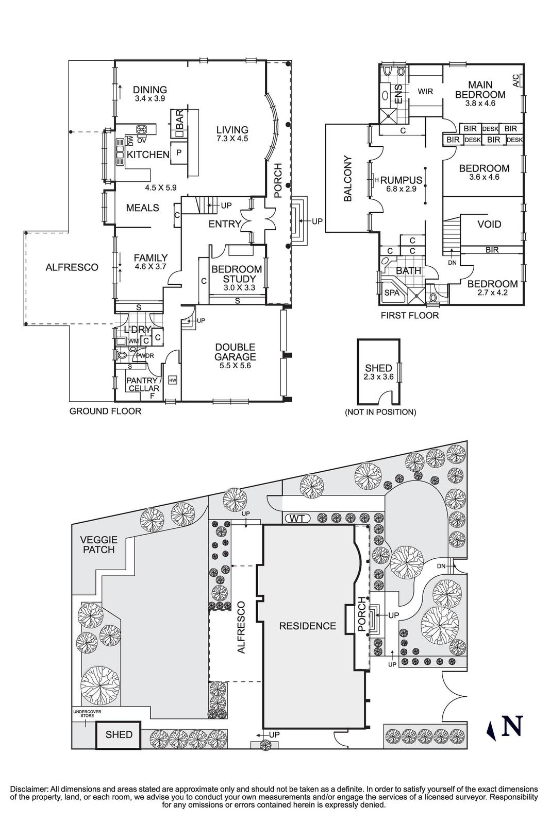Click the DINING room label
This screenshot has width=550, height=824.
[x=150, y=90]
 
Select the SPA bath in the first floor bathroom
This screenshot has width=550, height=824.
[x=392, y=292]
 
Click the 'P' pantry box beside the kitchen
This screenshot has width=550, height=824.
[x=179, y=152]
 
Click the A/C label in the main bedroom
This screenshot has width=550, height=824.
[x=516, y=80]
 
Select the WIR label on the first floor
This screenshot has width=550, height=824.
[x=425, y=91]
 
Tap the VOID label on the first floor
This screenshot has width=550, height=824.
[x=489, y=225]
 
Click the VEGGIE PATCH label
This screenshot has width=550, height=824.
[x=99, y=544]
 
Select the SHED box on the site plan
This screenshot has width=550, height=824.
[x=119, y=735]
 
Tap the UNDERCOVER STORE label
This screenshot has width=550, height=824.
[x=87, y=713]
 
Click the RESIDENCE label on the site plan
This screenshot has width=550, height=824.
[x=308, y=626]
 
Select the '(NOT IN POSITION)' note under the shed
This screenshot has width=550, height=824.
[x=380, y=412]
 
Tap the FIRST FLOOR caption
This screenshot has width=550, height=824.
[x=410, y=315]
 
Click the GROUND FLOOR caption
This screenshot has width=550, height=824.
[x=105, y=411]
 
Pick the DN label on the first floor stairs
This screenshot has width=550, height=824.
[x=452, y=263]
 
